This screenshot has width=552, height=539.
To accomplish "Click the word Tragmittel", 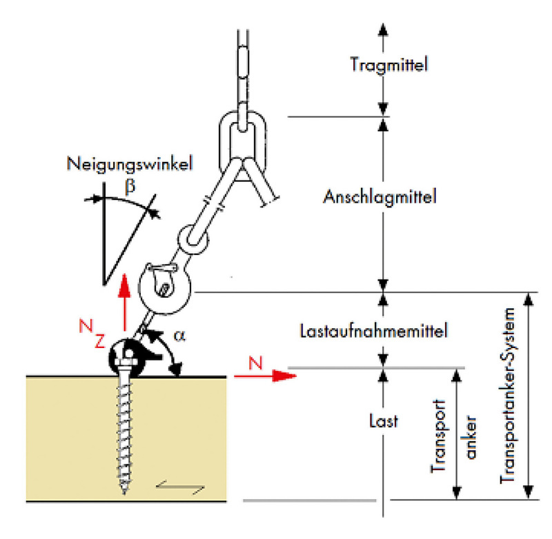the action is pyautogui.click(x=389, y=65).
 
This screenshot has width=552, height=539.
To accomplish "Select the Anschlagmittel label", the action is pyautogui.click(x=380, y=196).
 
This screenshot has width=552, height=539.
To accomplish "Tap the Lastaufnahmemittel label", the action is pyautogui.click(x=373, y=331).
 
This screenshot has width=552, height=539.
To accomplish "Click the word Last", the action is pyautogui.click(x=384, y=421).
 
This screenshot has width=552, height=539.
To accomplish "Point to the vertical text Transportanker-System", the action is pyautogui.click(x=508, y=396).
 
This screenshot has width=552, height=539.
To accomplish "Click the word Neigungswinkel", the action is pyautogui.click(x=130, y=164).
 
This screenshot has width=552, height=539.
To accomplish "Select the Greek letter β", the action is pyautogui.click(x=130, y=186).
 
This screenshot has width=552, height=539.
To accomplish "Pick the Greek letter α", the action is pyautogui.click(x=179, y=336).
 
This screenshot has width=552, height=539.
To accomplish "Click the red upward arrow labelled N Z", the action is pyautogui.click(x=124, y=302).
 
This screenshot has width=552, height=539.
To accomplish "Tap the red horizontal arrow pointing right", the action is pyautogui.click(x=266, y=376).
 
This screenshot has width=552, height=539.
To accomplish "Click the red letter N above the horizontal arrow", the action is pyautogui.click(x=255, y=363).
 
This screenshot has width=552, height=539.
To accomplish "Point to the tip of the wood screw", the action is pyautogui.click(x=124, y=494).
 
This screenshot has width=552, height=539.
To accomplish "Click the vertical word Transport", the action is pyautogui.click(x=439, y=436).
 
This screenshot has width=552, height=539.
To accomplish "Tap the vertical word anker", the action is pyautogui.click(x=471, y=437).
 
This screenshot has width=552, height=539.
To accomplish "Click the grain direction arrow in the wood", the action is pyautogui.click(x=180, y=487).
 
